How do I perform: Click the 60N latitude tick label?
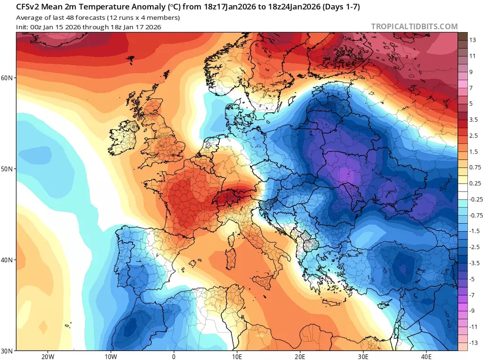(x=8, y=77)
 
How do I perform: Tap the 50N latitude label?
(x=8, y=168)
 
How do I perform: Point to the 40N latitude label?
(x=8, y=260)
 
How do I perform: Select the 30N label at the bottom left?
(x=8, y=351)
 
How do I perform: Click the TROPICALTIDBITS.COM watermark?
(x=414, y=26)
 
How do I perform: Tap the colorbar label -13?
(x=473, y=343)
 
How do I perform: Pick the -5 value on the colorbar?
(x=472, y=279)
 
